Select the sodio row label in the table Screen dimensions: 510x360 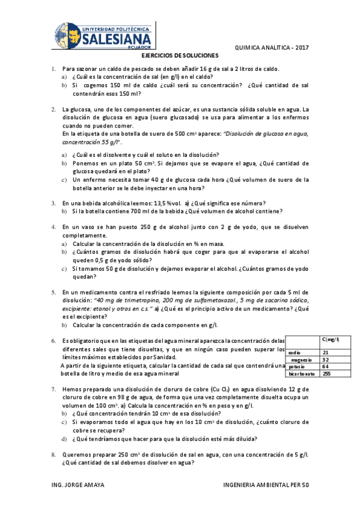click(294, 352)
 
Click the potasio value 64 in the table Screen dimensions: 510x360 click(326, 366)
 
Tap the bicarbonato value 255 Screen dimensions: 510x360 click(327, 373)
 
